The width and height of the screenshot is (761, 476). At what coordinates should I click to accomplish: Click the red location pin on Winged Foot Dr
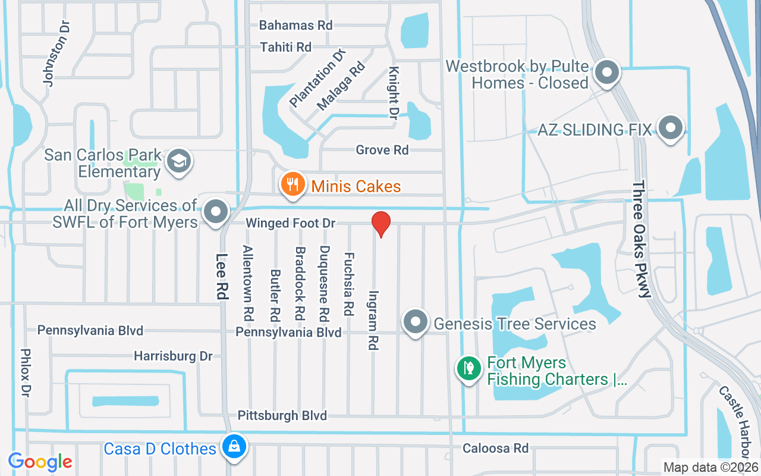(x=380, y=224)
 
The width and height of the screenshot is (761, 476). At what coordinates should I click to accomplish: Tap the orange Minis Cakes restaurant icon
(x=292, y=184)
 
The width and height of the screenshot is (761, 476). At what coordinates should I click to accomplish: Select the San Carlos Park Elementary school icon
(x=179, y=161)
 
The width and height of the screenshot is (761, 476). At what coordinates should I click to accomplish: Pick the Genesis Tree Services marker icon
(x=416, y=322)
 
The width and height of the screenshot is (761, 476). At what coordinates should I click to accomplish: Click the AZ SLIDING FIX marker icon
(x=671, y=127)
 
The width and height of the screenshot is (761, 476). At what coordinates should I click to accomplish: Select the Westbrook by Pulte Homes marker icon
(x=607, y=73)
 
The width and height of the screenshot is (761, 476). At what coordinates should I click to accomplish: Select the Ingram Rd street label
(x=373, y=320)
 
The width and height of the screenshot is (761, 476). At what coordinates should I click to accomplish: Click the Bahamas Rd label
(x=295, y=26)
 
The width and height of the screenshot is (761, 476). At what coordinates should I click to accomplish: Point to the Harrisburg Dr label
(x=173, y=356)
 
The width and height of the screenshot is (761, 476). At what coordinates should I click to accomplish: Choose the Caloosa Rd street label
(x=495, y=447)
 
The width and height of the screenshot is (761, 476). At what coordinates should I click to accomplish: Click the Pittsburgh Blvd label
(x=282, y=415)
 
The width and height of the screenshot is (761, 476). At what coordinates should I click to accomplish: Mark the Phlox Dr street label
(x=26, y=373)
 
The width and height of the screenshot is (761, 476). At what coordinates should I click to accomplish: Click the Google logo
(x=40, y=462)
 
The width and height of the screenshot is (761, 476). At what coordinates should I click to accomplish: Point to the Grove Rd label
(x=382, y=150)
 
